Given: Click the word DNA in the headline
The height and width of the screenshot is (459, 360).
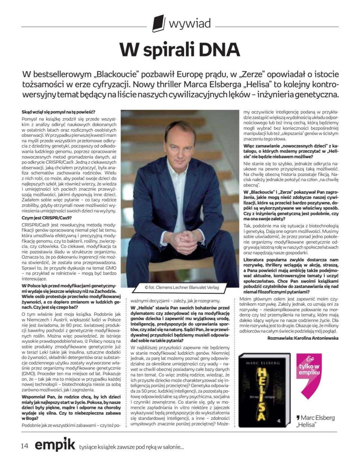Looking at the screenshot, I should [219, 49].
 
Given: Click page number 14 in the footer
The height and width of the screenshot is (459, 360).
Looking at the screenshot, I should [25, 445].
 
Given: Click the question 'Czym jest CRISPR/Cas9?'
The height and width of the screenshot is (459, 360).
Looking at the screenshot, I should [44, 217].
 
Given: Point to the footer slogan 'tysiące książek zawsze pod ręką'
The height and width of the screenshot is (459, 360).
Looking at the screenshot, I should [131, 447].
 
